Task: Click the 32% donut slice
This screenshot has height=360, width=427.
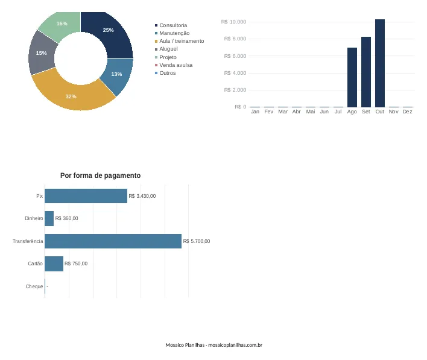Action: pyautogui.click(x=71, y=96)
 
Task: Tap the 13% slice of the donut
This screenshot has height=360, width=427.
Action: pyautogui.click(x=117, y=75)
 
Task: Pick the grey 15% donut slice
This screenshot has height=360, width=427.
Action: pyautogui.click(x=42, y=53)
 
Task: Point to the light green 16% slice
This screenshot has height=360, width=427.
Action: pyautogui.click(x=62, y=25)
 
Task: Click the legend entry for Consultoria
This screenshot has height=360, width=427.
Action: pyautogui.click(x=171, y=25)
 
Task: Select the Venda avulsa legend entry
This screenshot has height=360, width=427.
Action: pyautogui.click(x=174, y=65)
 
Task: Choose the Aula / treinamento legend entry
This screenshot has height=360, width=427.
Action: pyautogui.click(x=179, y=41)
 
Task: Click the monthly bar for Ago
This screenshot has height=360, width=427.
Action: pyautogui.click(x=352, y=77)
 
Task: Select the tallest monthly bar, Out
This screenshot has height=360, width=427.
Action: pyautogui.click(x=379, y=63)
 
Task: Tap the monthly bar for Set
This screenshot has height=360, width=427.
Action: pyautogui.click(x=365, y=72)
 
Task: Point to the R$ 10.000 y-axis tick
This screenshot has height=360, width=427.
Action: pyautogui.click(x=233, y=22)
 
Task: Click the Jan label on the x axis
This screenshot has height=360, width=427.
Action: pyautogui.click(x=255, y=112)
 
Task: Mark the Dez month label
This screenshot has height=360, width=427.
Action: pyautogui.click(x=407, y=112)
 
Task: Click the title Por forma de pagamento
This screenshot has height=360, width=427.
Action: pyautogui.click(x=101, y=175)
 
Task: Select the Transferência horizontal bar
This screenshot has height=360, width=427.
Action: pyautogui.click(x=113, y=241)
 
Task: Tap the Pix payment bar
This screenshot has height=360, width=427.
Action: pyautogui.click(x=86, y=196)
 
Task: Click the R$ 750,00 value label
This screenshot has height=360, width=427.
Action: pyautogui.click(x=76, y=264)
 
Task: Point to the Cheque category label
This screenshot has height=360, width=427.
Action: pyautogui.click(x=34, y=286)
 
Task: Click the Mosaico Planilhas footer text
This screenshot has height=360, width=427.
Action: pyautogui.click(x=213, y=345)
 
